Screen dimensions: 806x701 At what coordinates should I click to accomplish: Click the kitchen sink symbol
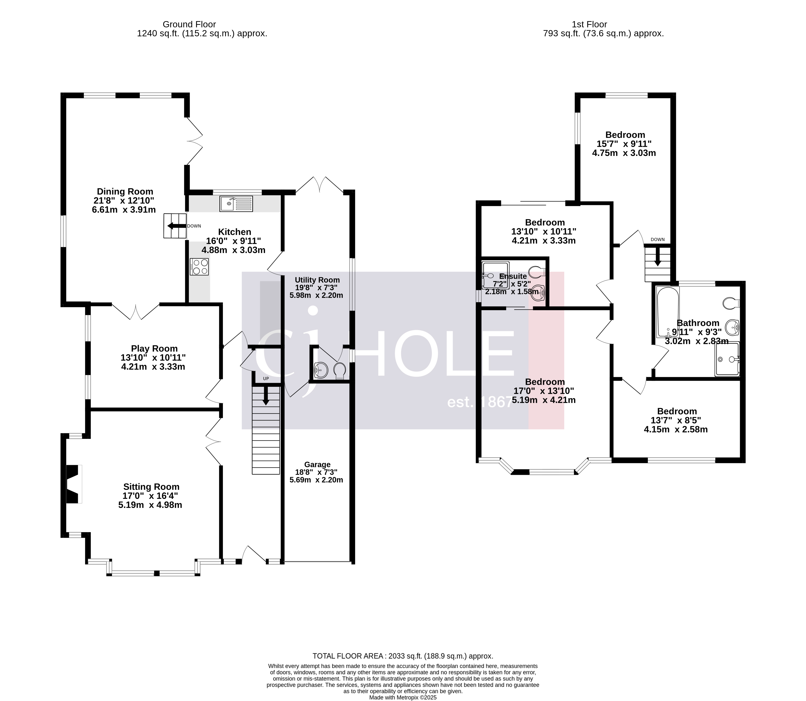(x=236, y=203)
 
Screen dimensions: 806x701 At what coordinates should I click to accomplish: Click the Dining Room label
(x=125, y=192)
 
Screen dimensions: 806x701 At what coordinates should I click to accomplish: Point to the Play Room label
(x=154, y=349)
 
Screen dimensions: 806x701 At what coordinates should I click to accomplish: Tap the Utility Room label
(x=317, y=280)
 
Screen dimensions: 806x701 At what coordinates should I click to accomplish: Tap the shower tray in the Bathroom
(x=727, y=359)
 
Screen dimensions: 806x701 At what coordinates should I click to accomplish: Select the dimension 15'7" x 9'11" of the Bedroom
(x=624, y=144)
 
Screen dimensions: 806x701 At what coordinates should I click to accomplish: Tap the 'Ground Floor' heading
(x=189, y=25)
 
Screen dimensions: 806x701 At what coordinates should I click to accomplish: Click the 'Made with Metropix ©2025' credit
(x=403, y=697)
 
